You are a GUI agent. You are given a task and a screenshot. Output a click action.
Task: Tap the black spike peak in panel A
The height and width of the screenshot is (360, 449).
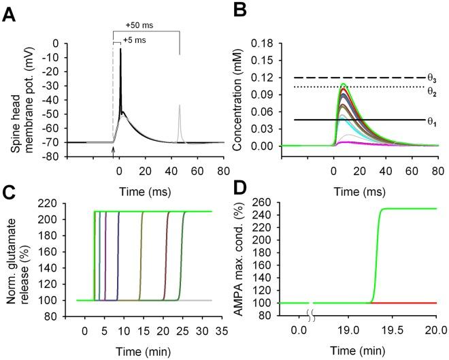pos(120,50)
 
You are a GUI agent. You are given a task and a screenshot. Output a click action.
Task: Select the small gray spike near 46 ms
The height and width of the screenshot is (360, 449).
pos(180,106)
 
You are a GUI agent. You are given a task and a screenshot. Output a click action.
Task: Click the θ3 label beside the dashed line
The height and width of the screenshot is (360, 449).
pos(431,79)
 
